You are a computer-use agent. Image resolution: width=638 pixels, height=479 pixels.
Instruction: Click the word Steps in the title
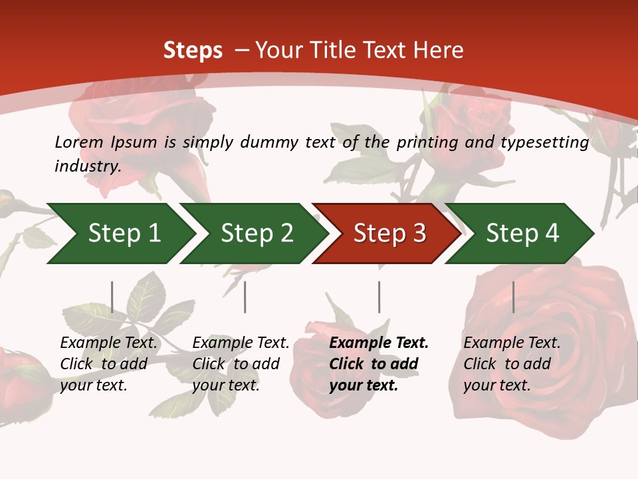click(x=193, y=51)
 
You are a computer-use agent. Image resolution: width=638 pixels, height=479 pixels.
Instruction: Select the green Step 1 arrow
click(x=120, y=233)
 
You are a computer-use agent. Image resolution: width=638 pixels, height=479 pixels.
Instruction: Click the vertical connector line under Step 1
click(x=112, y=297)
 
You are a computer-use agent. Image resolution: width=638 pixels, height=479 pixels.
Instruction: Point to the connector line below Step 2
click(x=245, y=297)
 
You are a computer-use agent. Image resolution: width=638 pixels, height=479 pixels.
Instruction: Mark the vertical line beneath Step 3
click(x=379, y=297)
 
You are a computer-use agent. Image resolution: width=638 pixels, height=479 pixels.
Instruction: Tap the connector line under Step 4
click(x=513, y=297)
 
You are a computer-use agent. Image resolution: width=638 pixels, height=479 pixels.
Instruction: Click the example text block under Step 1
click(x=108, y=364)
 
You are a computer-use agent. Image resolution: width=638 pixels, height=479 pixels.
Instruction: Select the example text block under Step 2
click(x=241, y=364)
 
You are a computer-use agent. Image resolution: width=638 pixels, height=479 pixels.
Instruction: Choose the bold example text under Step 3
click(x=379, y=364)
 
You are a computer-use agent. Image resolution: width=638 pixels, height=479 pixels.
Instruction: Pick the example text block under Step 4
click(x=512, y=364)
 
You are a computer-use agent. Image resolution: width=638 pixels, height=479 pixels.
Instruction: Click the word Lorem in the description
click(x=79, y=142)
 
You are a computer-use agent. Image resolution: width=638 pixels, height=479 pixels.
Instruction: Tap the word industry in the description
click(x=87, y=166)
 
